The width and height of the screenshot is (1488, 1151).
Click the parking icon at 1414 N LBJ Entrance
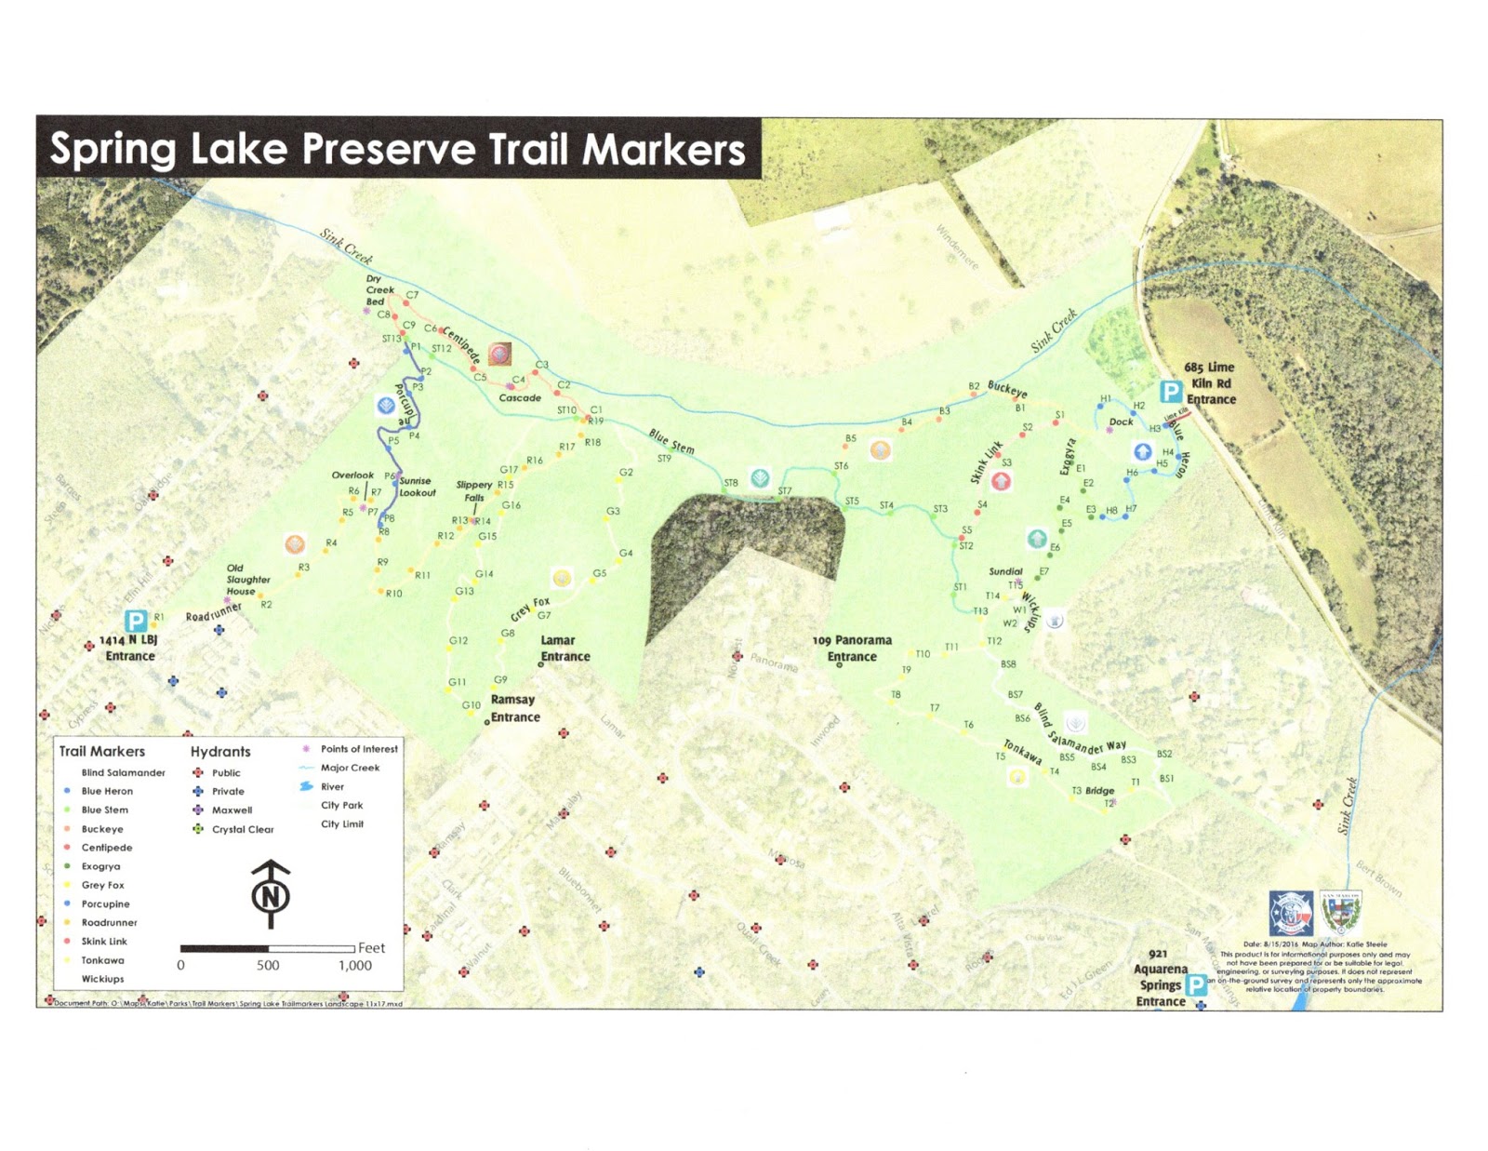(x=136, y=621)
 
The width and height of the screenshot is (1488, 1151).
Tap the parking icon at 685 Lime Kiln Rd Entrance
(x=1170, y=393)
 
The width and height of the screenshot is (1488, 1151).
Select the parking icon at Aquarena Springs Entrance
(x=1196, y=984)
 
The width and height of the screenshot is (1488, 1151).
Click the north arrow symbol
(x=271, y=894)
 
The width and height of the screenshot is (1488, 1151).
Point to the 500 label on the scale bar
(x=268, y=966)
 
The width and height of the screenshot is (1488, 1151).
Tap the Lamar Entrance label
(x=565, y=649)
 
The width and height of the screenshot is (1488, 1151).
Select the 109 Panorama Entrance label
(x=852, y=649)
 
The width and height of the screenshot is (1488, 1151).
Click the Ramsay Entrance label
(x=514, y=708)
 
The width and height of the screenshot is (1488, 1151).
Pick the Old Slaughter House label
(x=247, y=579)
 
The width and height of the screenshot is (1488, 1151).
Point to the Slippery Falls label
(x=474, y=490)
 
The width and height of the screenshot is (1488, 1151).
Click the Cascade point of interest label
(x=520, y=398)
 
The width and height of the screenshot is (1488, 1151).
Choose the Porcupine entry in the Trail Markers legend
(x=105, y=904)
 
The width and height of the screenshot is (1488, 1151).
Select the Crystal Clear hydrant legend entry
(x=242, y=829)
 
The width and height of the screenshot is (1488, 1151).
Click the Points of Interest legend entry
(x=359, y=749)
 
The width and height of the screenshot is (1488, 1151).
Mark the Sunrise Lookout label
(x=417, y=487)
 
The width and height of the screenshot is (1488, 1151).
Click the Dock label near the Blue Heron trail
(x=1121, y=422)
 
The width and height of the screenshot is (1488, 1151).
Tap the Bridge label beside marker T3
(x=1099, y=791)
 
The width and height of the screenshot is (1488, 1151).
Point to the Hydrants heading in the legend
(x=220, y=752)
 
